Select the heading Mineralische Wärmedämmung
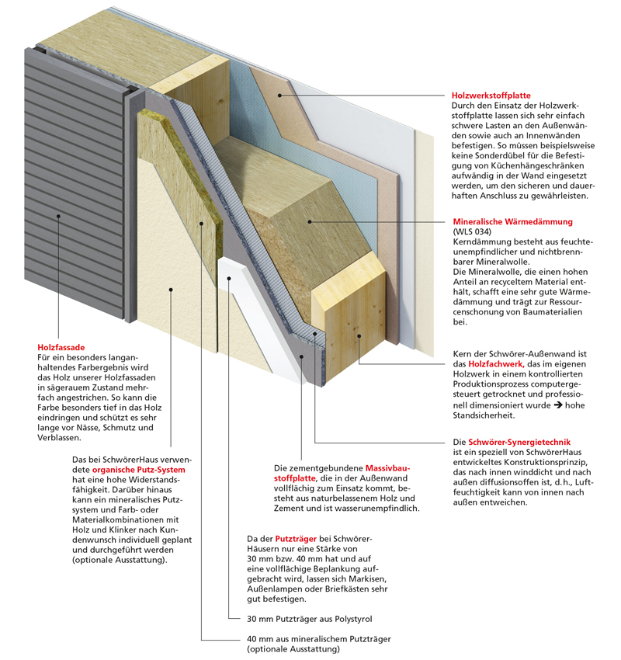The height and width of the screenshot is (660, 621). (512, 222)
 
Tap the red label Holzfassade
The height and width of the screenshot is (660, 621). (61, 347)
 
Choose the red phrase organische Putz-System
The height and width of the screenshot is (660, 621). (139, 470)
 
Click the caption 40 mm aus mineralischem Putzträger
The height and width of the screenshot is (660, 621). (318, 639)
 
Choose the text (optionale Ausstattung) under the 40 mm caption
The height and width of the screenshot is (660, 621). (293, 649)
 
